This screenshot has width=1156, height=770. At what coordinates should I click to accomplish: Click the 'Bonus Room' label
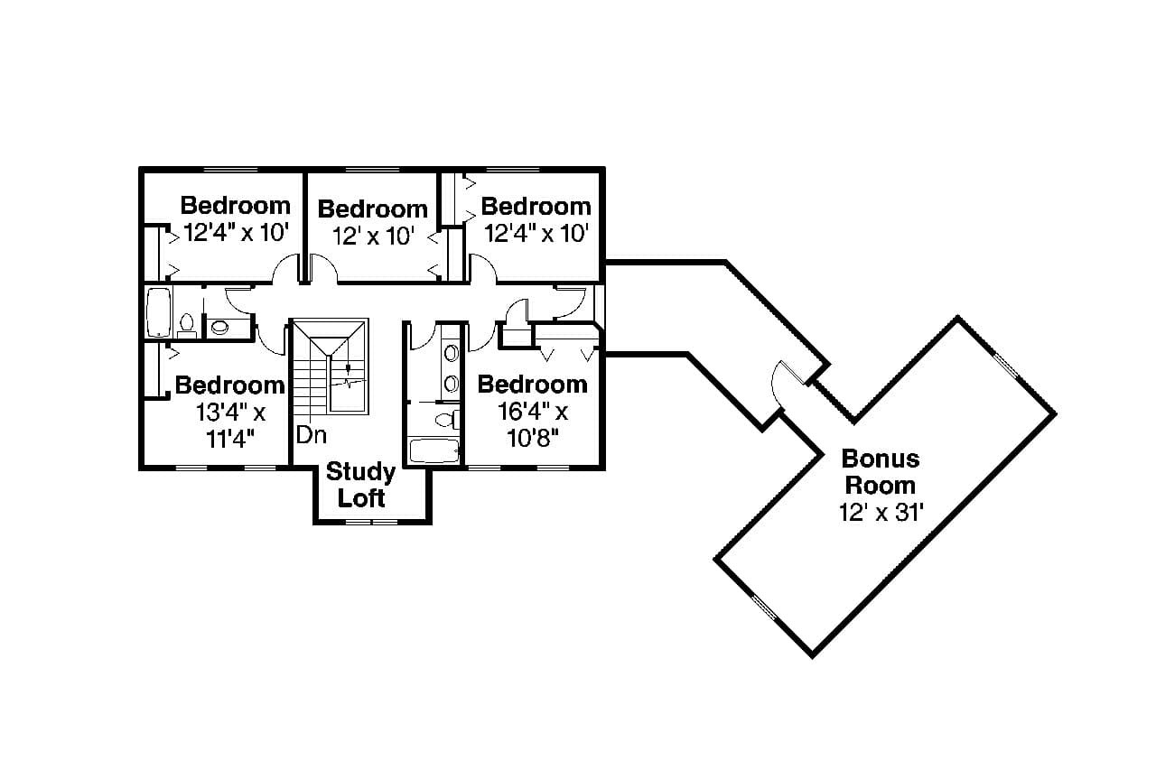[880, 471]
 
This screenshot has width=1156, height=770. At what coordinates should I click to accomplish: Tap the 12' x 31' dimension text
[880, 513]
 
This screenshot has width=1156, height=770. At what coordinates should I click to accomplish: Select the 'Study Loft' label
[361, 485]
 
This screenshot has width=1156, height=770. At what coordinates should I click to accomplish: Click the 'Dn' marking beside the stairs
[312, 436]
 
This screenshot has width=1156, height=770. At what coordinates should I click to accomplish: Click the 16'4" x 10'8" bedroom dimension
[532, 425]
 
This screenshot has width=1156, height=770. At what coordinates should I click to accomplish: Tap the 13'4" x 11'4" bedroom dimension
[229, 425]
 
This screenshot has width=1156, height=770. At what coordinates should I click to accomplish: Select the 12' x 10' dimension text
[372, 237]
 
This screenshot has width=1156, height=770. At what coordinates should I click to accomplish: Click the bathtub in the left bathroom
[159, 311]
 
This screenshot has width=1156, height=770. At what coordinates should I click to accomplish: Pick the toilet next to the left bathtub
[188, 324]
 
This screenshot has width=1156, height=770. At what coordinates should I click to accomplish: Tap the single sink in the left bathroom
[219, 327]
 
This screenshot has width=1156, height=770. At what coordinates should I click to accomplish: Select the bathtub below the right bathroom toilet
[434, 450]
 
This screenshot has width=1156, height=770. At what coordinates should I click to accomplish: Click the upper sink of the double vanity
[451, 353]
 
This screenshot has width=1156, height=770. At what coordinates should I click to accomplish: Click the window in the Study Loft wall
[371, 522]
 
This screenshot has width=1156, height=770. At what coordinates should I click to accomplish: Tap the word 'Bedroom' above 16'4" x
[532, 385]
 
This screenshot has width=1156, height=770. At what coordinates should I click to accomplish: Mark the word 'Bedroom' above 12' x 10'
[372, 209]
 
